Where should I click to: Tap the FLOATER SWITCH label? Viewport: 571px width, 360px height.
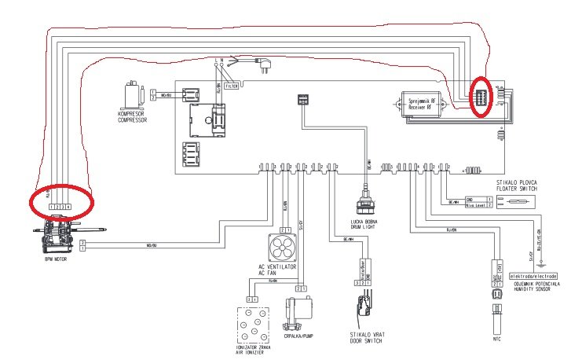[518, 189]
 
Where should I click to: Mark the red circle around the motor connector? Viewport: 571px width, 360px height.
[62, 204]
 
